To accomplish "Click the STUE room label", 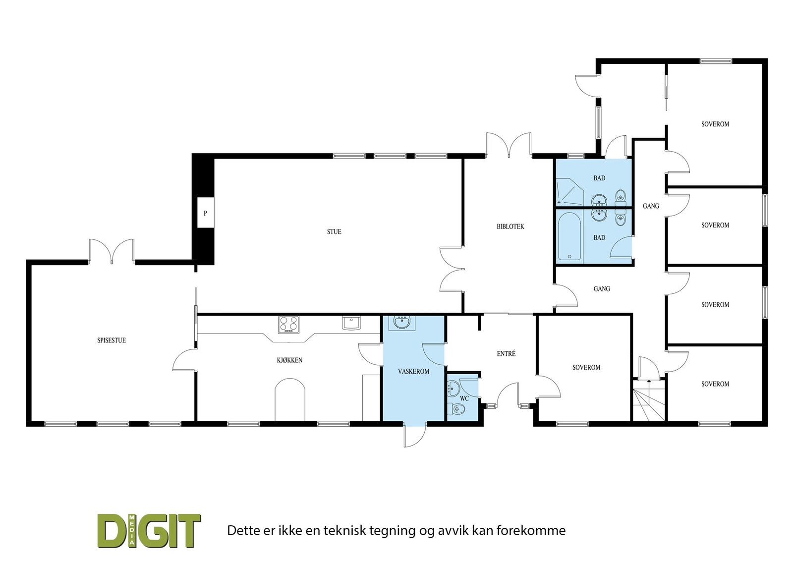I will click(334, 232).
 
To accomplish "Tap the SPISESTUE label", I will click(112, 340).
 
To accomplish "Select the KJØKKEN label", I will click(289, 360).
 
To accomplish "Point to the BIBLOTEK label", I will click(510, 227).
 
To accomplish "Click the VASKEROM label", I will click(413, 371).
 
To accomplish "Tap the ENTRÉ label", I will click(506, 354).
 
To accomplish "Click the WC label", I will click(464, 398).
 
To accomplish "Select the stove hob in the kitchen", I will click(288, 324).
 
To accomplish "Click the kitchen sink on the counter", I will click(351, 323).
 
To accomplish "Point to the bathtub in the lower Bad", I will click(569, 237).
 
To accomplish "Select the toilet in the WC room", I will click(458, 409).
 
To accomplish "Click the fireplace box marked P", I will click(205, 213).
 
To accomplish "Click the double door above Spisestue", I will click(112, 251).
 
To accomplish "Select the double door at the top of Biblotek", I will click(509, 145).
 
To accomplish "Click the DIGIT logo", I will click(149, 531).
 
